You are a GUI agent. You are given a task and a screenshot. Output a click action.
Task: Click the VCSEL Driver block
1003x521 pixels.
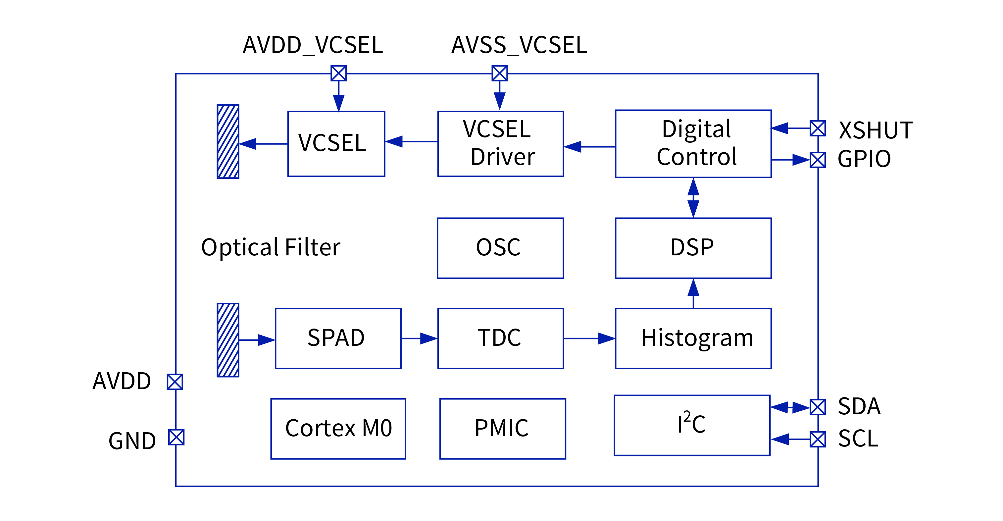[500, 144]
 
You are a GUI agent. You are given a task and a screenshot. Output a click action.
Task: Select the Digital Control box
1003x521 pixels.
[693, 144]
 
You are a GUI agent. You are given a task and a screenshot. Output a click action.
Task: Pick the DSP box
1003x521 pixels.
[693, 248]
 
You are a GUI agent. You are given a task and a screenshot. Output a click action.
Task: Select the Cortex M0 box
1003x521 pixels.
[338, 428]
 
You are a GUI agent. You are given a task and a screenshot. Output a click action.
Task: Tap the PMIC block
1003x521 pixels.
[502, 428]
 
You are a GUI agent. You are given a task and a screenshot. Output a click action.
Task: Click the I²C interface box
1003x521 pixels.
[692, 425]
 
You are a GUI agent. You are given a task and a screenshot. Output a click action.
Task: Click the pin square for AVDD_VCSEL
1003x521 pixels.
[338, 73]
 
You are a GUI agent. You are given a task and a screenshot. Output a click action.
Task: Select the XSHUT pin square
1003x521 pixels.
[817, 128]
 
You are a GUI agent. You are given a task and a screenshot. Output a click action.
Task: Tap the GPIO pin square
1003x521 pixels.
[817, 160]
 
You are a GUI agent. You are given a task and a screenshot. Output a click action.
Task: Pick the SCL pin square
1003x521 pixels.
[817, 439]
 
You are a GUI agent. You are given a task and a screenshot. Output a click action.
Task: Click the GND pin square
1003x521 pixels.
[176, 437]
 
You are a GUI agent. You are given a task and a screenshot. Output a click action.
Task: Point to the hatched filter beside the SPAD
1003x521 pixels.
[228, 340]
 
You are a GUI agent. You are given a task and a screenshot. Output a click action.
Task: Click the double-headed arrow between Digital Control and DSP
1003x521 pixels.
[693, 197]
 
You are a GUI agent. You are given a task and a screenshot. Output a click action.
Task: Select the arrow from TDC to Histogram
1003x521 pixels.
[589, 339]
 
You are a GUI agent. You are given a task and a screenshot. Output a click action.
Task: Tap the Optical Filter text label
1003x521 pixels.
[271, 247]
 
